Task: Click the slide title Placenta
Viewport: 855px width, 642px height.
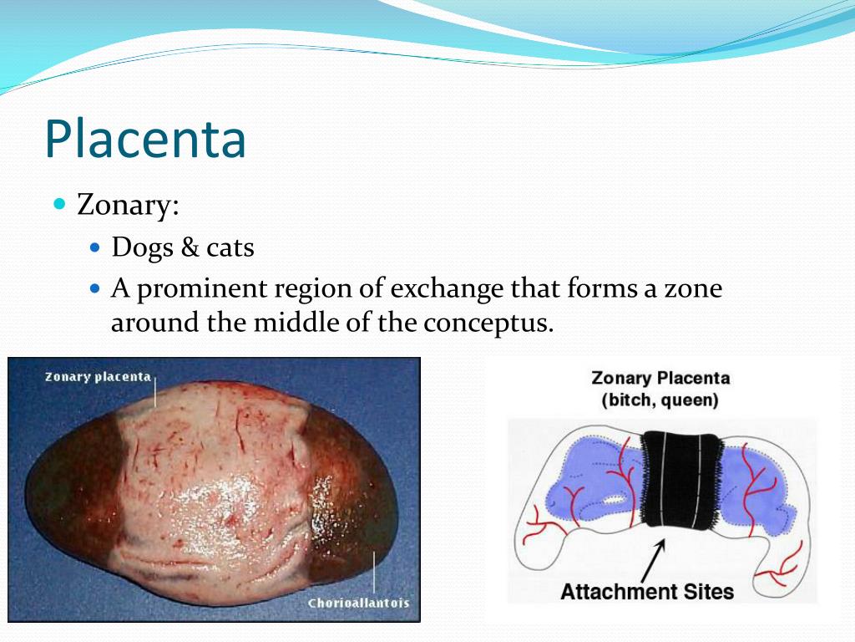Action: click(145, 139)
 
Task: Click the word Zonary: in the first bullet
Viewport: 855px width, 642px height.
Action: click(128, 205)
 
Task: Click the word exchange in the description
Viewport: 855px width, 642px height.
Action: click(448, 290)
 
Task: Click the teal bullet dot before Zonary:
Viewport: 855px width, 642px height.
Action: click(59, 204)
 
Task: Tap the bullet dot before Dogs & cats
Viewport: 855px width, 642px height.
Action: click(95, 248)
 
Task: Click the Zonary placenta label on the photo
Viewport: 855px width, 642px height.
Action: click(97, 376)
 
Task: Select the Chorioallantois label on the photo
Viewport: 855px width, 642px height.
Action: click(358, 603)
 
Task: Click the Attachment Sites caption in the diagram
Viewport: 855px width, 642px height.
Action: click(646, 592)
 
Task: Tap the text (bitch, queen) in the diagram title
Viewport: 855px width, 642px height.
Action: click(660, 400)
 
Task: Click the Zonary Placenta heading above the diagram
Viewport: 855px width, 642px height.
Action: click(660, 378)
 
